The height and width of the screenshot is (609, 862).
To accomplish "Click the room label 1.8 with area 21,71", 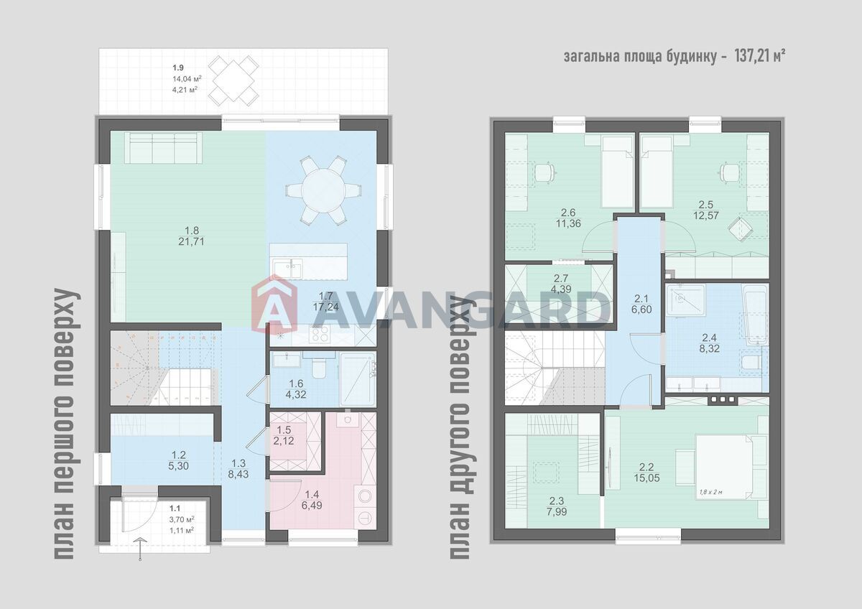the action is pos(191,236).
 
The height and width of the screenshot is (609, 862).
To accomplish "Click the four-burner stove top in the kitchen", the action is pos(320,334).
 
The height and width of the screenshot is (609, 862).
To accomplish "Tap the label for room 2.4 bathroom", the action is pos(709,343).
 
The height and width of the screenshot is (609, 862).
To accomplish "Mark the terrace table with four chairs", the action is pos(234,80).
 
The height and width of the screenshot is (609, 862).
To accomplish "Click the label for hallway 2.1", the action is pos(641,304).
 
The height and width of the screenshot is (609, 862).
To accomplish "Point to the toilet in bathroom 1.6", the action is pos(318,368).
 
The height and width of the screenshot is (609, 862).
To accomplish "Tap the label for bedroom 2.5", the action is pos(706,210).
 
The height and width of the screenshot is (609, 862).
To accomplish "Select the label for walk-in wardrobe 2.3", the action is pos(556,506).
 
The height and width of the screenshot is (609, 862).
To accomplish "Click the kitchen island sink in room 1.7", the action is pos(288,268).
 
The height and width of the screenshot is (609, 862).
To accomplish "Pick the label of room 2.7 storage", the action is pos(561,284).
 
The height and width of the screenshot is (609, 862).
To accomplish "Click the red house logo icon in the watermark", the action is pos(274,303).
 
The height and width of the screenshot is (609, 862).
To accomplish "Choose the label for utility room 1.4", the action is pos(312,500).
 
